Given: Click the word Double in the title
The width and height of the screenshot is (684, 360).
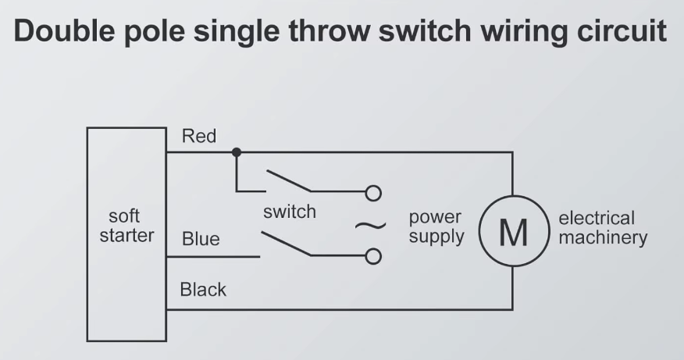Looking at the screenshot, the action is click(x=64, y=30).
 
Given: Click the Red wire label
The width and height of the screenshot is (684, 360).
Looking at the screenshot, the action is click(x=199, y=136).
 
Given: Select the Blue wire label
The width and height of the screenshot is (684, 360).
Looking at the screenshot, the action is click(x=201, y=239).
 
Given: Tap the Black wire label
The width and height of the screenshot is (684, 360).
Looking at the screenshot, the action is click(x=203, y=290).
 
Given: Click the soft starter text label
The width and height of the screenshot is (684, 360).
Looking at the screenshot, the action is click(x=126, y=226).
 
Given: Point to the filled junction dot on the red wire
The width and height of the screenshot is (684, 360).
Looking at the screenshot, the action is click(x=237, y=152).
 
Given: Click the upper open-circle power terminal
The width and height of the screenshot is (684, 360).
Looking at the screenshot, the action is click(x=373, y=193).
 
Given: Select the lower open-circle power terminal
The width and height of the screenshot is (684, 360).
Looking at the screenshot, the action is click(x=373, y=257).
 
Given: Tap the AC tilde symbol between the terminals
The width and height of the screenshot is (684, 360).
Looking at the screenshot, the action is click(x=370, y=226).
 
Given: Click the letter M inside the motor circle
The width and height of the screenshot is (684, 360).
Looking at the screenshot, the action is click(x=514, y=233).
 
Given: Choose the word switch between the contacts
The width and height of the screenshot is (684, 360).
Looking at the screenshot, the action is click(x=290, y=212).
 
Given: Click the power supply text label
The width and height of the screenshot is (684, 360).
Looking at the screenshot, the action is click(x=436, y=227).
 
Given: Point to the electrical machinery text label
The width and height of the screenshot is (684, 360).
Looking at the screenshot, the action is click(x=603, y=228).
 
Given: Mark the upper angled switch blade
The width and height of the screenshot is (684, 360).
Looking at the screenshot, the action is click(x=289, y=180).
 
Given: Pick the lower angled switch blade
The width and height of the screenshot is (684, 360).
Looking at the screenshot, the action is click(x=286, y=244).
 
